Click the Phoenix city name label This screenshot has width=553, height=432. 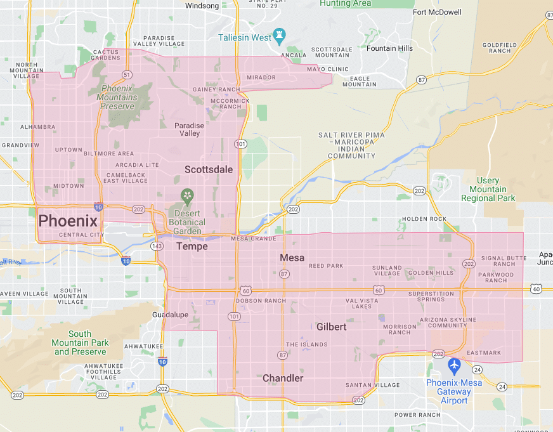click(x=68, y=221)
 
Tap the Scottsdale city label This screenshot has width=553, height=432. click(x=209, y=169)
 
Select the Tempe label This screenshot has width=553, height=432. click(x=192, y=246)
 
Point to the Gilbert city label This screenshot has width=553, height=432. click(x=332, y=327)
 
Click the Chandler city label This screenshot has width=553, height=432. click(x=283, y=378)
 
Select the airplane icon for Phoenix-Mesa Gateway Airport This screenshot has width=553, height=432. click(x=453, y=365)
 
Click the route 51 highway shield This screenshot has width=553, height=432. click(x=127, y=74)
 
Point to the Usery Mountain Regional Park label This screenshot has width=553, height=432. click(x=488, y=189)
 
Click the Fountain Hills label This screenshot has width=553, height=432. click(x=391, y=48)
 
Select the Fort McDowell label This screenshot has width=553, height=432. click(x=437, y=12)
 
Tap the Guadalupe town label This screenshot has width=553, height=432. click(x=171, y=315)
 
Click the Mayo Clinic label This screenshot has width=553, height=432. click(x=328, y=69)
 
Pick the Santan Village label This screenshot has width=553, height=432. click(x=372, y=385)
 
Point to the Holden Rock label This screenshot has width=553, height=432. click(x=424, y=219)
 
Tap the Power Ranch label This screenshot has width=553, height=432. click(x=417, y=415)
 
